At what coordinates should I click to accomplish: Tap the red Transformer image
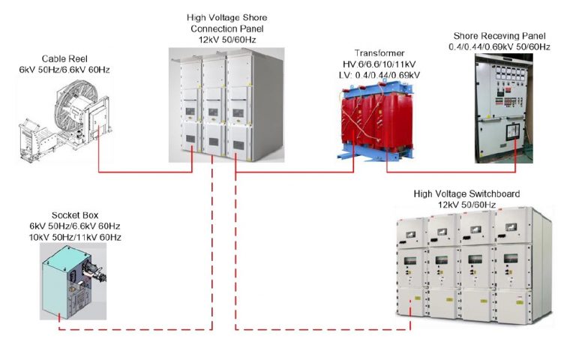tap(372, 120)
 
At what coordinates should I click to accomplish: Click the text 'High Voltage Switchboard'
tap(466, 194)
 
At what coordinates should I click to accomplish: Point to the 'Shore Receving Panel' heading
tap(502, 36)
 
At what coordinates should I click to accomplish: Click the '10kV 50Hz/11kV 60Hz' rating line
tap(75, 237)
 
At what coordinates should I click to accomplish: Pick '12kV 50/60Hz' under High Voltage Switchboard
tap(466, 205)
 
